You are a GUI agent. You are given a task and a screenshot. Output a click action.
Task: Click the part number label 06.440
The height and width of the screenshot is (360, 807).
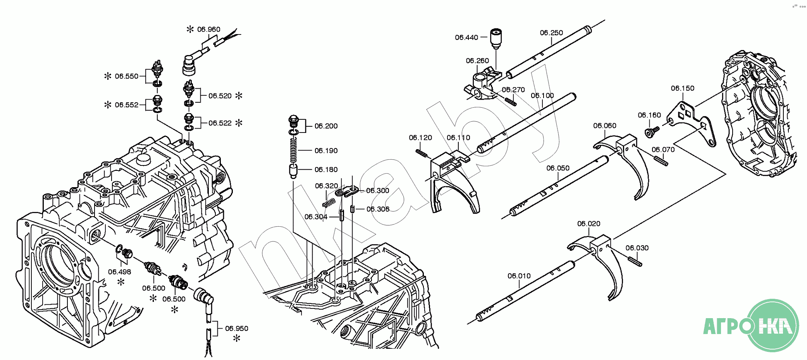coord(466,38)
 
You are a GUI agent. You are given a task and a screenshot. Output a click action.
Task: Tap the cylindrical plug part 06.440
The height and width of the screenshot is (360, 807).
coord(496,38)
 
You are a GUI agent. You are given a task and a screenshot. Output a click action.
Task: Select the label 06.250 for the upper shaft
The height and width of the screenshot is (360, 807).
coord(551,33)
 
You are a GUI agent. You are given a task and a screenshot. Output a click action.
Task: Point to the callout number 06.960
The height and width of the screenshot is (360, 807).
coord(208,29)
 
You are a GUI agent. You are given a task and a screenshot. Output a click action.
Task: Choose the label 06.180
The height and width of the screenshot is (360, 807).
coord(326,170)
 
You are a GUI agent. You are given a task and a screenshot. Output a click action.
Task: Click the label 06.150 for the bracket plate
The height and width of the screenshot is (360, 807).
coord(683,88)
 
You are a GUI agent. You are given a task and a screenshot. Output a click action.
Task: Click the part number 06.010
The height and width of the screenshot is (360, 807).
coord(519,276)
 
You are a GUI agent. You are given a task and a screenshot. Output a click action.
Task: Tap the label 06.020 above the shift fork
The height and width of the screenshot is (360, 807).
coord(588,224)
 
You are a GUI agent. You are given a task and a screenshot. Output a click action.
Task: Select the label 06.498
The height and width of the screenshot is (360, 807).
coord(119,272)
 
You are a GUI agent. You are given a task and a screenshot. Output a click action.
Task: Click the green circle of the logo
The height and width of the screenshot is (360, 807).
coord(773,326)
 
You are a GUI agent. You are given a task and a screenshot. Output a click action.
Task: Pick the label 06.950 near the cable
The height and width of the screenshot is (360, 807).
coord(236,329)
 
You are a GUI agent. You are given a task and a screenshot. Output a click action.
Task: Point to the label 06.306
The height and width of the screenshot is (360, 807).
coord(378,209)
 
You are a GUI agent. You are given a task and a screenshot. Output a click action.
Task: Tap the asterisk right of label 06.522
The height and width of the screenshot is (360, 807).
coord(239,123)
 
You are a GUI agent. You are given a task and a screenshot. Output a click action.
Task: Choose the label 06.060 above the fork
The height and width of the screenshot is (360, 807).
coord(604,126)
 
